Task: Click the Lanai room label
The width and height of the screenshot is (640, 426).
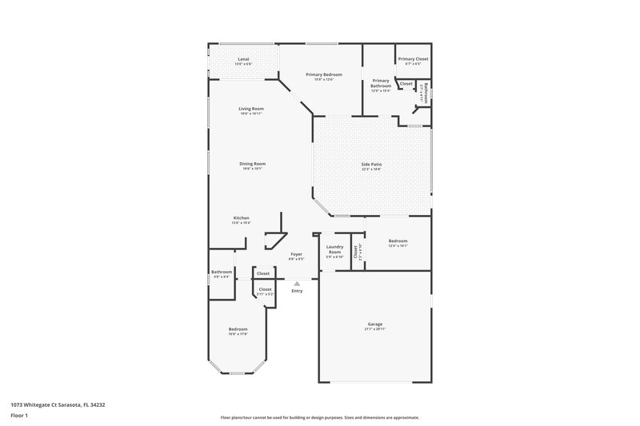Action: pyautogui.click(x=243, y=59)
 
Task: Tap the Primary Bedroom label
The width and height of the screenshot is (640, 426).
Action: pyautogui.click(x=324, y=74)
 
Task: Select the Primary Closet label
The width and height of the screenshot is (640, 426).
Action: pyautogui.click(x=413, y=59)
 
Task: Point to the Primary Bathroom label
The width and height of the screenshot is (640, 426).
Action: pyautogui.click(x=380, y=82)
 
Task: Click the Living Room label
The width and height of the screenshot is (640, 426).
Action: pyautogui.click(x=251, y=109)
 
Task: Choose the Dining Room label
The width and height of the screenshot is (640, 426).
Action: pyautogui.click(x=252, y=164)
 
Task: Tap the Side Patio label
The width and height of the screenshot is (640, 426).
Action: pyautogui.click(x=371, y=164)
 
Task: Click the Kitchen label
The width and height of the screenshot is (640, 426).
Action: pyautogui.click(x=241, y=218)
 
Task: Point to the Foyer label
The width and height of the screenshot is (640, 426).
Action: pyautogui.click(x=296, y=254)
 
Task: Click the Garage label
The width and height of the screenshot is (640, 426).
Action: pyautogui.click(x=374, y=324)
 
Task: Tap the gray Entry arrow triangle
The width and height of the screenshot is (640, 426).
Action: pyautogui.click(x=297, y=283)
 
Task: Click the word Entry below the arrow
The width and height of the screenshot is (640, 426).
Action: pyautogui.click(x=297, y=291)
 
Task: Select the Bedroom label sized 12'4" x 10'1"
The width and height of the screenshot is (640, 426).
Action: pyautogui.click(x=398, y=241)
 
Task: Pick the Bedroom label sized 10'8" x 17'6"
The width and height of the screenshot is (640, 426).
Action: pyautogui.click(x=238, y=328)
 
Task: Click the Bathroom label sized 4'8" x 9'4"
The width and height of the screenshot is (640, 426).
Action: pyautogui.click(x=222, y=272)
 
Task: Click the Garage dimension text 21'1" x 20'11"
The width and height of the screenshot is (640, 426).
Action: pyautogui.click(x=374, y=329)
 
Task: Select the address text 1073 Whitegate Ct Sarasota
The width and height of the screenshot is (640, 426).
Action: pyautogui.click(x=58, y=404)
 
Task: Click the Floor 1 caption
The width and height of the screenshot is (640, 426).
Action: pyautogui.click(x=19, y=416)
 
